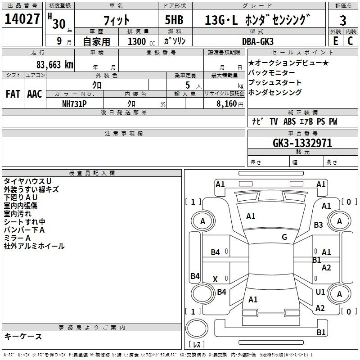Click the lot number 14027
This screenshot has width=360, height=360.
[22, 19]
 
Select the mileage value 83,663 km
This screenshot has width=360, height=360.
[55, 65]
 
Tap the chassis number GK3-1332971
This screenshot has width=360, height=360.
[302, 143]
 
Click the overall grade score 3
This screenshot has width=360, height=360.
[343, 20]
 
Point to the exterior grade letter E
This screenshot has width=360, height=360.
[336, 41]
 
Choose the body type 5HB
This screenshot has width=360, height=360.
[174, 20]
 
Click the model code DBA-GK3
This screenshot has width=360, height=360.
[258, 41]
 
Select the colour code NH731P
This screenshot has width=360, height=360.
[74, 104]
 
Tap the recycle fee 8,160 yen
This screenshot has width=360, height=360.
[230, 104]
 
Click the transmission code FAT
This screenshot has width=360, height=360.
[13, 94]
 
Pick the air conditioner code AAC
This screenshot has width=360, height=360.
[35, 94]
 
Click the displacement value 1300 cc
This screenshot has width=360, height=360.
[141, 41]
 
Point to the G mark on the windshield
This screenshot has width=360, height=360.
[284, 237]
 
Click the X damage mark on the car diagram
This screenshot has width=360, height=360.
[215, 279]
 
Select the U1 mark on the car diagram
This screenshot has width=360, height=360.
[320, 292]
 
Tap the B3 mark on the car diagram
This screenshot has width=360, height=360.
[319, 225]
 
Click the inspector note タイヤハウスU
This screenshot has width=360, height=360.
[27, 181]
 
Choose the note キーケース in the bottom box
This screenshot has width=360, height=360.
[23, 336]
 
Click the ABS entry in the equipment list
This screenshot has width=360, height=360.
[289, 121]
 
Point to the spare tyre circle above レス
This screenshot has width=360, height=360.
[197, 328]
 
